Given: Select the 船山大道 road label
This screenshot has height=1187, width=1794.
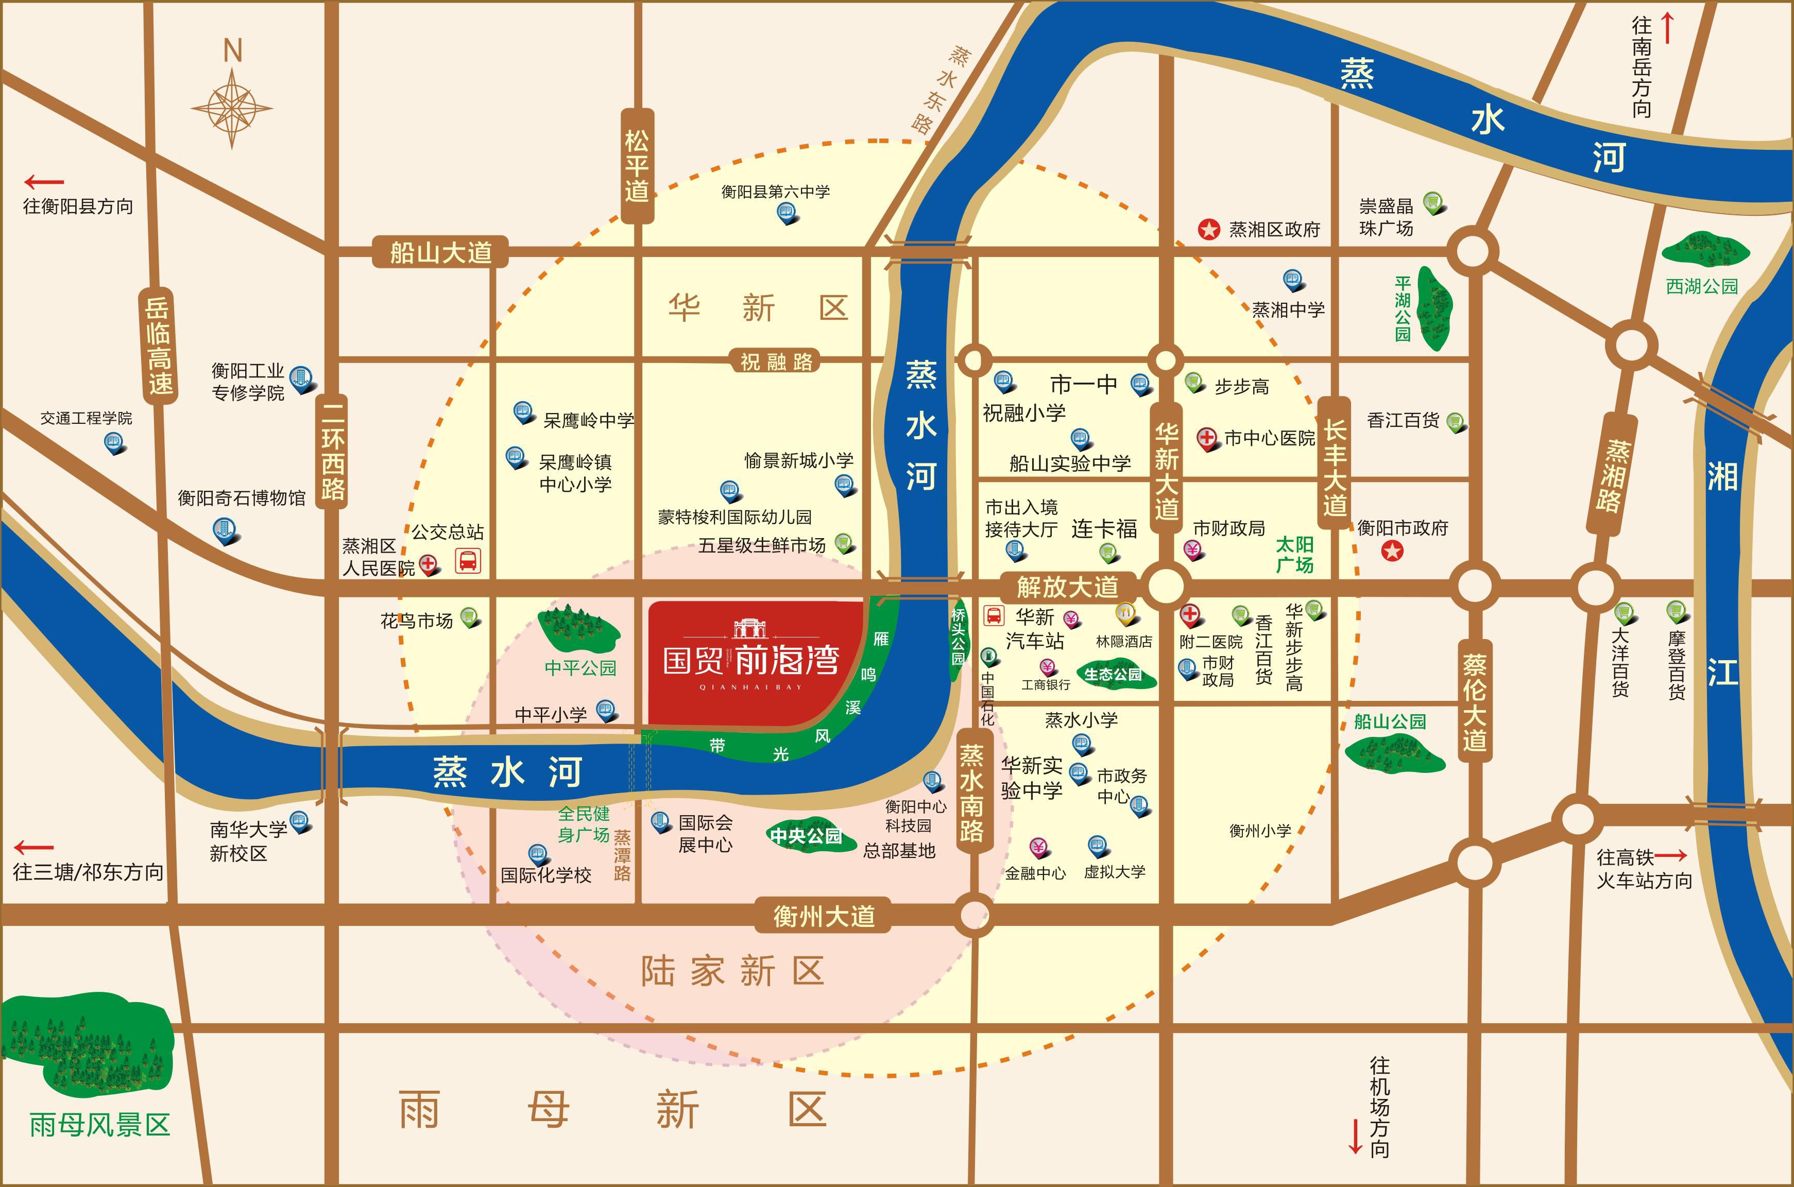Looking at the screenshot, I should (440, 252).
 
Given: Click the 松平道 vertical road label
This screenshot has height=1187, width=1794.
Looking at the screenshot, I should (637, 166).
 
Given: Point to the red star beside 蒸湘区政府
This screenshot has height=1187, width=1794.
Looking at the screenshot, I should (1209, 229).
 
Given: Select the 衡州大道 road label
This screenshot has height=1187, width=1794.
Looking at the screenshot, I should (824, 917).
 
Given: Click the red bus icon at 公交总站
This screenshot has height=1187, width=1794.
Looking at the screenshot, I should (468, 561).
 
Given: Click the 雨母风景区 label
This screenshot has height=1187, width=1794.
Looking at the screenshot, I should (100, 1124).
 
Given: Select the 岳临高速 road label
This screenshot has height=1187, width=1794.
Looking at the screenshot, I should (159, 345).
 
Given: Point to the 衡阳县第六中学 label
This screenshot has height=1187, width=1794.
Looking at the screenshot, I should (775, 192).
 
